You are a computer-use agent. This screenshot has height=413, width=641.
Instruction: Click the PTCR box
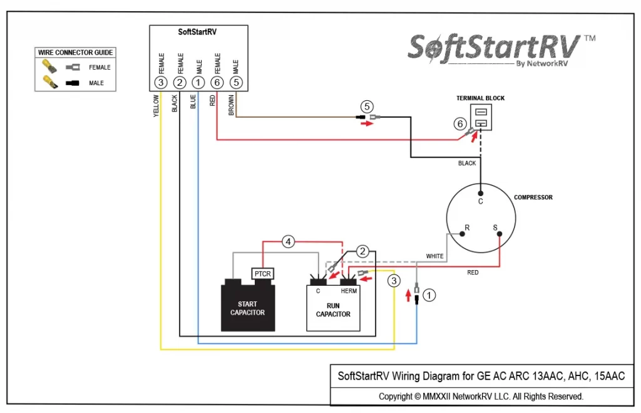click(262, 273)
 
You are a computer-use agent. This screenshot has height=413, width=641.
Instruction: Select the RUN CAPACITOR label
click(333, 310)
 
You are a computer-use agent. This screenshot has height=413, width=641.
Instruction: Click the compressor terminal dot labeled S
click(499, 234)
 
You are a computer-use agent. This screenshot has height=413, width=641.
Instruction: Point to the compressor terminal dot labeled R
click(462, 234)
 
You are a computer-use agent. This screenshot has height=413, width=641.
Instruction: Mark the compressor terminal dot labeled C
click(480, 194)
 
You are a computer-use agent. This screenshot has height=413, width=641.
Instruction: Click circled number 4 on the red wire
click(288, 241)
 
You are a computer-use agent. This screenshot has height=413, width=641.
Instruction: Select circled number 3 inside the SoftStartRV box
click(161, 82)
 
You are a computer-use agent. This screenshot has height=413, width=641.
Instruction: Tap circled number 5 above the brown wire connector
click(367, 107)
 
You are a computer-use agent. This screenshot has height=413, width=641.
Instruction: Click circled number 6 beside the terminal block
click(460, 123)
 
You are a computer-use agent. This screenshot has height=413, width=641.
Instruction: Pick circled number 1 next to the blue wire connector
click(429, 295)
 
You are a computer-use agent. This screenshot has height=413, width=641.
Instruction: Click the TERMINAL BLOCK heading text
click(480, 98)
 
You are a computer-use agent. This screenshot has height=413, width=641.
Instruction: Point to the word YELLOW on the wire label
click(156, 106)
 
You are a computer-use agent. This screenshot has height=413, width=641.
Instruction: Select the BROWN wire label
click(231, 105)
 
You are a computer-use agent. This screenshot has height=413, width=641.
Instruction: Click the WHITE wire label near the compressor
click(434, 256)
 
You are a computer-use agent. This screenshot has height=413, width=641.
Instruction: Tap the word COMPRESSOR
click(533, 197)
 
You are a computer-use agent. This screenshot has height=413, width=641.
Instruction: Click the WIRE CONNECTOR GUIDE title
click(75, 53)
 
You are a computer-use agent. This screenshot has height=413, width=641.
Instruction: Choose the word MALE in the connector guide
click(96, 83)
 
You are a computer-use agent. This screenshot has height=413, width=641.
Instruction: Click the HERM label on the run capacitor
click(349, 291)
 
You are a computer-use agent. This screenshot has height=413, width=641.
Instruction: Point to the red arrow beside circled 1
click(408, 295)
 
